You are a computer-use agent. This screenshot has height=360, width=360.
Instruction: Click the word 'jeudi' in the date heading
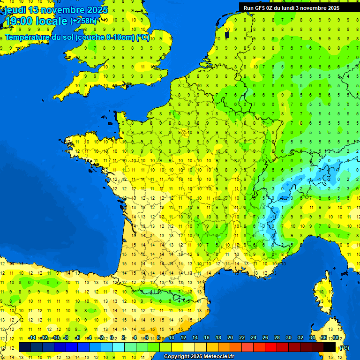[15, 10]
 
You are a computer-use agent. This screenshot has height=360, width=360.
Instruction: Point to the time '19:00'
[20, 21]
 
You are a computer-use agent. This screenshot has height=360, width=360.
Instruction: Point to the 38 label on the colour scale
[335, 337]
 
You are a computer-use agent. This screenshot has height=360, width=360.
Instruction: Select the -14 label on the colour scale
[32, 337]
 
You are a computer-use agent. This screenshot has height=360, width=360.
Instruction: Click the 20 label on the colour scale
[230, 337]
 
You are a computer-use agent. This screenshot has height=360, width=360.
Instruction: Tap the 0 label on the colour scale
[112, 337]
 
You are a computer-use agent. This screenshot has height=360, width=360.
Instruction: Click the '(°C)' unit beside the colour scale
[344, 347]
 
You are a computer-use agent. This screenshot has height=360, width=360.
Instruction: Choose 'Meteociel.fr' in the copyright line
[219, 357]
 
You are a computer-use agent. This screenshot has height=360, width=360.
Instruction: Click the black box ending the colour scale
[330, 347]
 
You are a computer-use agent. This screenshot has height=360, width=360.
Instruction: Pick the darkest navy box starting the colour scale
[25, 347]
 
